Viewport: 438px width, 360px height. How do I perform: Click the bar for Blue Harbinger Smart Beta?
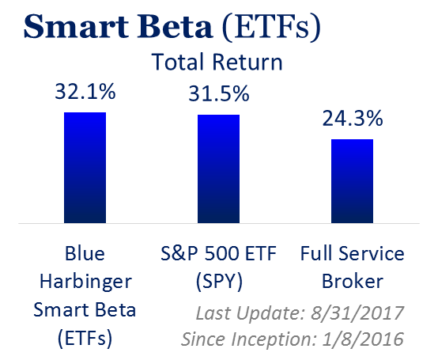[85, 168]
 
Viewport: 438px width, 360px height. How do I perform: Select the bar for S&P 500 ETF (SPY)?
[219, 169]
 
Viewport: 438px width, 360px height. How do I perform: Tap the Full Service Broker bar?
[353, 181]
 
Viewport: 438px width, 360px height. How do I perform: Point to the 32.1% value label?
[85, 92]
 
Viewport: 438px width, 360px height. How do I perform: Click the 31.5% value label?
[219, 93]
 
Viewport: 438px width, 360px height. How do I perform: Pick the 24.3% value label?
[353, 118]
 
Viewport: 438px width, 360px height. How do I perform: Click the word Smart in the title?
[76, 27]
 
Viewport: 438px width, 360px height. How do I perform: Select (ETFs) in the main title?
[271, 28]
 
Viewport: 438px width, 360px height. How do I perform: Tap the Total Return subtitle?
[217, 62]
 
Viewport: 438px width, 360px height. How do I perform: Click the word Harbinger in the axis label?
[85, 282]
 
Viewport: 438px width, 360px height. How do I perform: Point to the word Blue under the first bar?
[85, 253]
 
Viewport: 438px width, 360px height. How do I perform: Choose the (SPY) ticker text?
[219, 282]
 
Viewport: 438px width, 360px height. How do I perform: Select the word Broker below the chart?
[353, 281]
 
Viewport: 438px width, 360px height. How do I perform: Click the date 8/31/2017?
[357, 313]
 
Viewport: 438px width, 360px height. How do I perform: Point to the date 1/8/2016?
[363, 339]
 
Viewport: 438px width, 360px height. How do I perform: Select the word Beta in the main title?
[175, 27]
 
